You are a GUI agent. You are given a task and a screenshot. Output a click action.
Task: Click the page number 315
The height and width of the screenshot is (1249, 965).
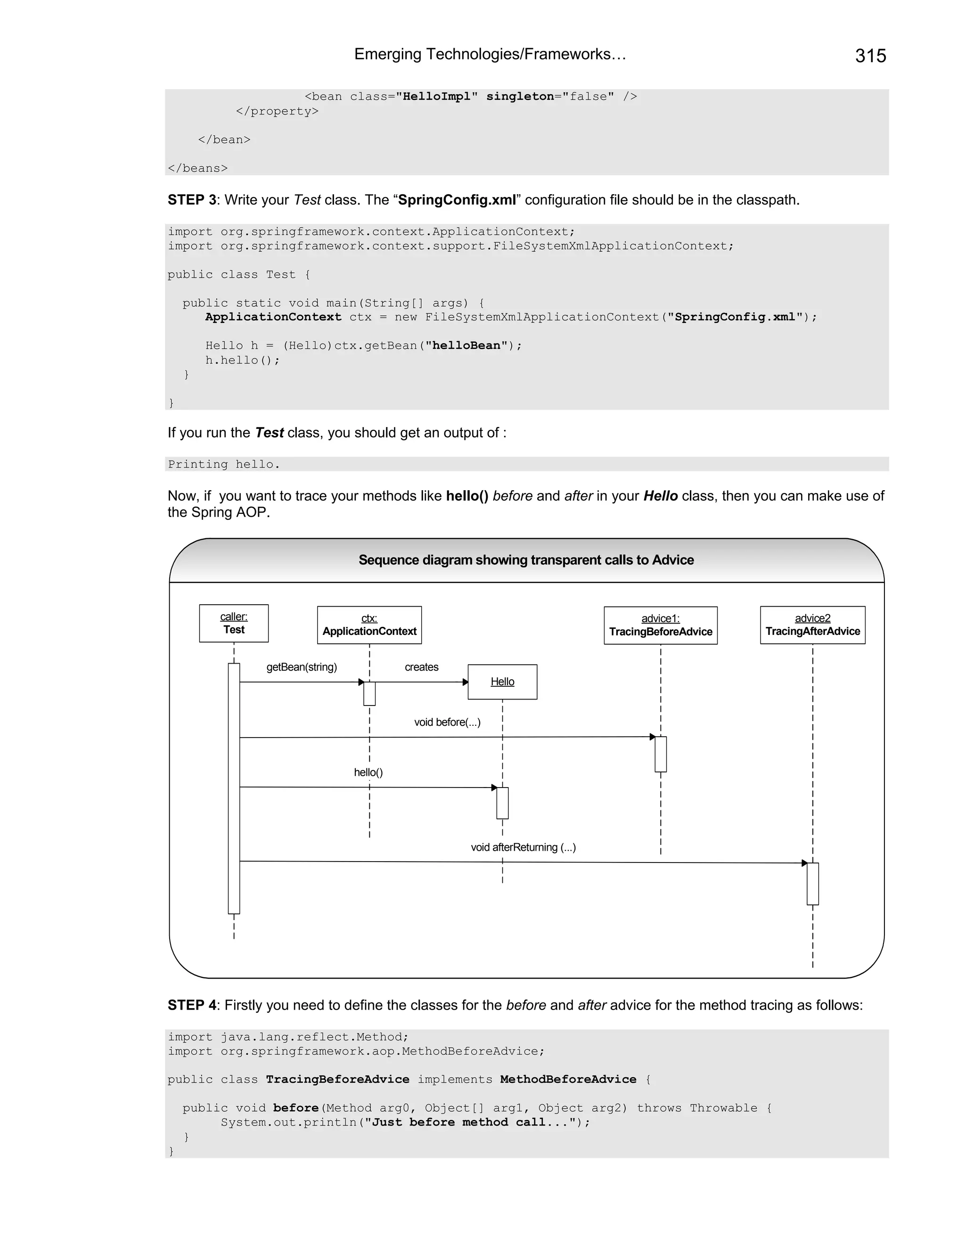click(x=870, y=56)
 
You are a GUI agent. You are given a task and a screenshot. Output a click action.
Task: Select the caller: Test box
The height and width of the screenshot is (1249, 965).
click(x=234, y=624)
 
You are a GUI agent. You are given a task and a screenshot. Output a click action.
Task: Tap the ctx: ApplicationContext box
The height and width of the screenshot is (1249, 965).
click(x=369, y=625)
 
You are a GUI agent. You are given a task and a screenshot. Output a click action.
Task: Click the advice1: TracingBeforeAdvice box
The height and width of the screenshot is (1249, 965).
click(x=660, y=625)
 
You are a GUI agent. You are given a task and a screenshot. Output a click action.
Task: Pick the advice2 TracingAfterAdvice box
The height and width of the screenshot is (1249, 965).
click(x=812, y=625)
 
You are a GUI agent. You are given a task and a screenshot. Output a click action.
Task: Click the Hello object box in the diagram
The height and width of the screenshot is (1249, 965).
click(x=502, y=682)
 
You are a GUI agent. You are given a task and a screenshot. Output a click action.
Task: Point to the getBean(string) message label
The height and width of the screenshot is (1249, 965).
click(x=302, y=667)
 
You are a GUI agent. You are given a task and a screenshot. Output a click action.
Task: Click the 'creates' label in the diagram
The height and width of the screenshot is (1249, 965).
click(x=421, y=667)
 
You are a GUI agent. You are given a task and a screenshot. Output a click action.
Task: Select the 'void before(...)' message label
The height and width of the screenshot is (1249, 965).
click(x=447, y=722)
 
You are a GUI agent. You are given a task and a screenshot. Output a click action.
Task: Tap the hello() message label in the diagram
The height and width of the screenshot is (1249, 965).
click(x=368, y=772)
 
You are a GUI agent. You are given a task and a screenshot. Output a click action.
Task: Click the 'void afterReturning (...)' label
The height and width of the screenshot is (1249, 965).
click(x=523, y=847)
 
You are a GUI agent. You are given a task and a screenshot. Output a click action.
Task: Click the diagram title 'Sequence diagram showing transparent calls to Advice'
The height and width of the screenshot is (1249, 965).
click(x=526, y=560)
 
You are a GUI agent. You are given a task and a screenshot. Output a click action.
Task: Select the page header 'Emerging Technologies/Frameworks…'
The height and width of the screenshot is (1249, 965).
click(x=490, y=54)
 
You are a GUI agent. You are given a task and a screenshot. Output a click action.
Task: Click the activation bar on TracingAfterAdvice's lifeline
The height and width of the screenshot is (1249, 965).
click(x=812, y=884)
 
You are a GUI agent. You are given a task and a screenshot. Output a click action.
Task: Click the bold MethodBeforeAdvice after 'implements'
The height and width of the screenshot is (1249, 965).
click(x=568, y=1079)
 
